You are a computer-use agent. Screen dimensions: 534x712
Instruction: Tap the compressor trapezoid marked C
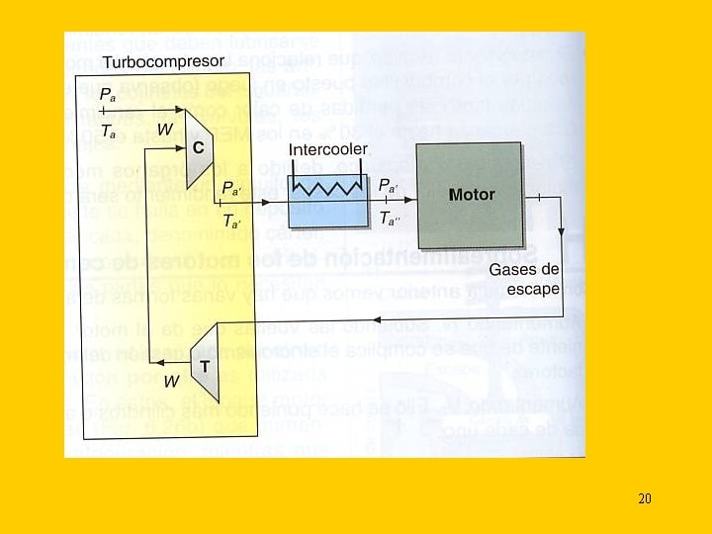click(x=198, y=147)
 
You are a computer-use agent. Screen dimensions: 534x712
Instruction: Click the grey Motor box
click(x=470, y=195)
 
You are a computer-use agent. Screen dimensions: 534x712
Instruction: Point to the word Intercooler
click(x=328, y=149)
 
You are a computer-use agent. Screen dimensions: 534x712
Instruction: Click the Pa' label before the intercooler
click(x=229, y=186)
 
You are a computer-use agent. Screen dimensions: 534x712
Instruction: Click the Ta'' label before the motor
click(x=393, y=220)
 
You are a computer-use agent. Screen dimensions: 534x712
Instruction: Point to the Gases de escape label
click(x=524, y=279)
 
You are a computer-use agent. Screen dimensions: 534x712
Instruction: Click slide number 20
click(x=644, y=498)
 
